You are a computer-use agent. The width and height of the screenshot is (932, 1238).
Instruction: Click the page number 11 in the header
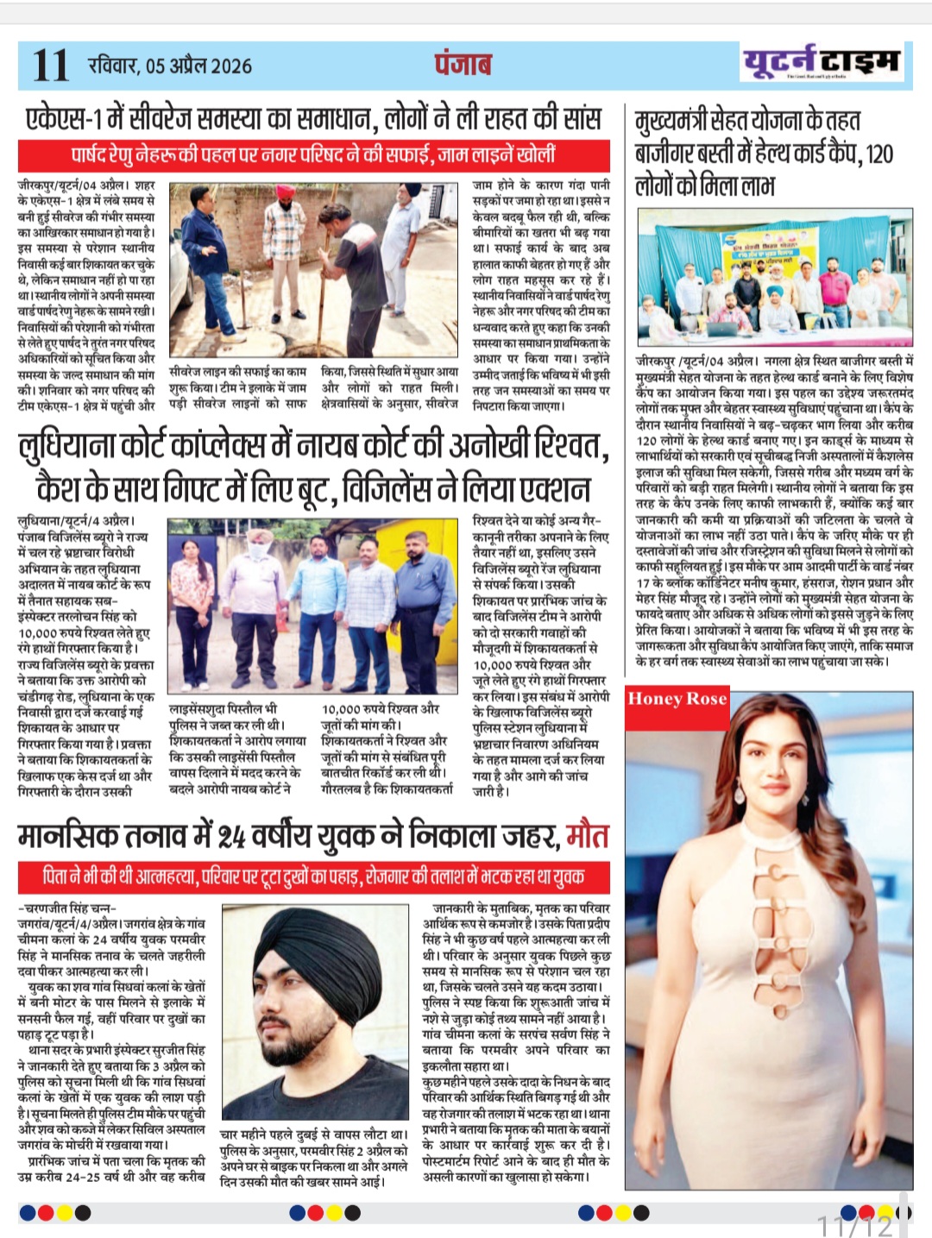click(x=50, y=66)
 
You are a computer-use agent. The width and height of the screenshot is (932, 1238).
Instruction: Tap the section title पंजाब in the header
click(x=463, y=65)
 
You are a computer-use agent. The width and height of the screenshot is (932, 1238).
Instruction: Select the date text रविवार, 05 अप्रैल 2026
click(x=170, y=66)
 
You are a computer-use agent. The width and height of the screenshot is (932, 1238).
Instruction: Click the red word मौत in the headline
click(x=588, y=836)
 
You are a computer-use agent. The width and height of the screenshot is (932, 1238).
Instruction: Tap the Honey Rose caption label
click(x=677, y=699)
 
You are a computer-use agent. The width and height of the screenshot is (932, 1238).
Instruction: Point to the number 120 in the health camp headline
click(x=878, y=154)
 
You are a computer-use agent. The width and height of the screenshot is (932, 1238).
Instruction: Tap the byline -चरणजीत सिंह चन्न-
click(x=66, y=908)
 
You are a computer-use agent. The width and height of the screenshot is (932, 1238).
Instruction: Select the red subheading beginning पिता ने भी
click(x=313, y=877)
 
